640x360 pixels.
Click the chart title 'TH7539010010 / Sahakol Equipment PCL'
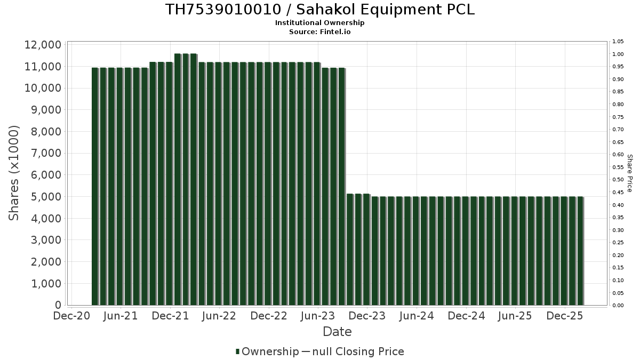point(319,10)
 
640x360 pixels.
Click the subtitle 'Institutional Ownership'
point(319,23)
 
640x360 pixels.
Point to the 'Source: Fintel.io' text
point(319,31)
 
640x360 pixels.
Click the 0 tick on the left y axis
point(58,305)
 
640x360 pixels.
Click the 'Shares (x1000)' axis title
point(14,173)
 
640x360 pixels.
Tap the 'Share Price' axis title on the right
point(629,173)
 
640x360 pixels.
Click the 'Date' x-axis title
point(337,332)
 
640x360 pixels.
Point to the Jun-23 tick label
point(318,316)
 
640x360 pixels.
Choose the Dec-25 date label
point(565,316)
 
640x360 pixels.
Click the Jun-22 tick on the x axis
point(220,316)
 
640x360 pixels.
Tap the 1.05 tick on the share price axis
point(618,42)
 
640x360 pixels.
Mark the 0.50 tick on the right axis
point(618,180)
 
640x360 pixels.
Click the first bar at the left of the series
point(95,187)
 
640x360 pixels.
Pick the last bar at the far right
point(580,251)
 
